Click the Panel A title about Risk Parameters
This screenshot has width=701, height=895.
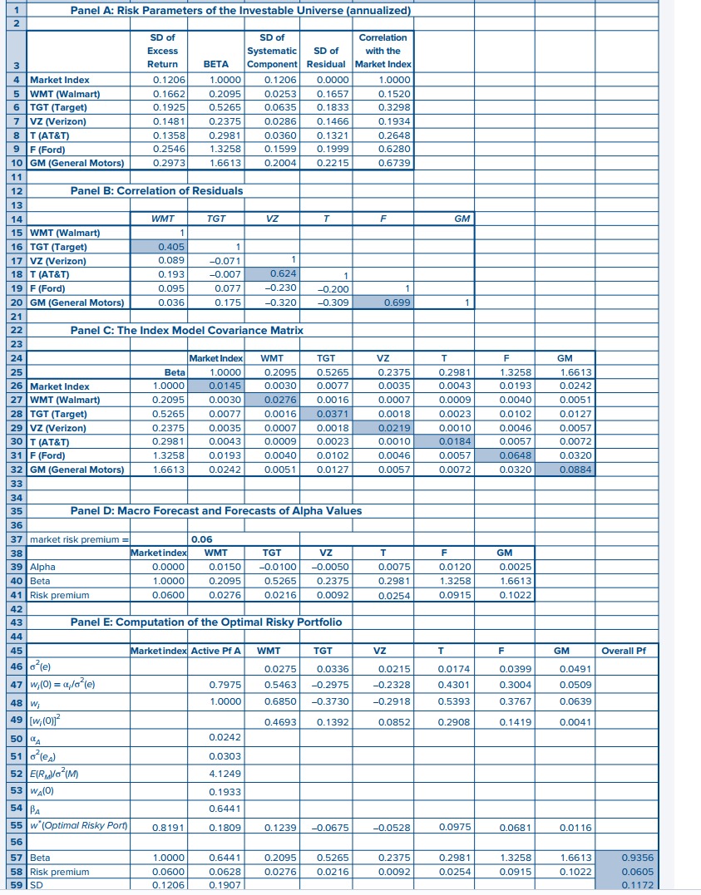coord(241,10)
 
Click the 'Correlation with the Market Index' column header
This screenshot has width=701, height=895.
coord(383,51)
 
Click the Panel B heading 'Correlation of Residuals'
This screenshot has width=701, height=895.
coord(157,191)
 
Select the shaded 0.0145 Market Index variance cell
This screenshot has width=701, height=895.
coord(216,386)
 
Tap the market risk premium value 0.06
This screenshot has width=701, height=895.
coord(201,539)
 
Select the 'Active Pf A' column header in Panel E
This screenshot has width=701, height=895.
coord(215,650)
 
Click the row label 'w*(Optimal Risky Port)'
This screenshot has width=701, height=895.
coord(78,828)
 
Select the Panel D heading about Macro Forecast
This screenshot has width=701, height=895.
coord(216,510)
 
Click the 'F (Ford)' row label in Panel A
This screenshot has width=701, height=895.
coord(50,149)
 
